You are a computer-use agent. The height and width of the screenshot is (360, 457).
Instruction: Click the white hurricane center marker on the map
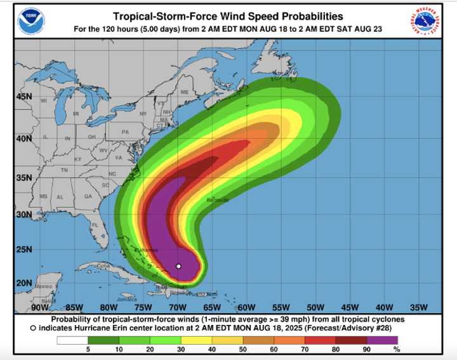[x=178, y=266]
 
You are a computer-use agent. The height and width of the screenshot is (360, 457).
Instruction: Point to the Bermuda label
[x=217, y=200]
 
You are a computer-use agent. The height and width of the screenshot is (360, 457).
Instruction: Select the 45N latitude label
[x=23, y=97]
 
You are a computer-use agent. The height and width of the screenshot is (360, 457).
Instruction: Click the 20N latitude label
[x=23, y=283]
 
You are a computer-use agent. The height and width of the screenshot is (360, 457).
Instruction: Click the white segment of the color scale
[x=72, y=340]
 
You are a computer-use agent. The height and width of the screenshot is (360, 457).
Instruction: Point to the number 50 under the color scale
[x=243, y=350]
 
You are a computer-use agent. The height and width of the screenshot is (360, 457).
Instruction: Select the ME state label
[x=185, y=92]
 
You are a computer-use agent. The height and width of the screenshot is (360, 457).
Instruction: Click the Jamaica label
[x=127, y=298]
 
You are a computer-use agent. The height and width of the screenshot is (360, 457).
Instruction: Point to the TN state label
[x=64, y=170]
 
